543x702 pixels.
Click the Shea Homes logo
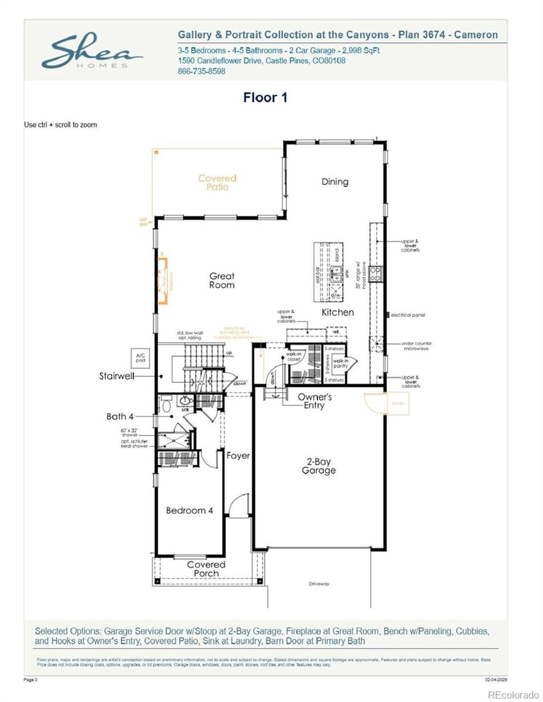click(x=92, y=52)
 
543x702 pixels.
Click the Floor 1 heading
click(x=265, y=98)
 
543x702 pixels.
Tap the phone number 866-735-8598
click(x=202, y=71)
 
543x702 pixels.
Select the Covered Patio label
click(x=217, y=182)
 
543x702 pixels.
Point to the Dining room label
click(x=335, y=182)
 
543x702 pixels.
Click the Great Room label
click(x=222, y=281)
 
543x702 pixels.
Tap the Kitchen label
click(x=337, y=313)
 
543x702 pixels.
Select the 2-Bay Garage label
click(x=318, y=466)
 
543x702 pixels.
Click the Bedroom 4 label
click(x=190, y=511)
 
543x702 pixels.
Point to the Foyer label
click(x=238, y=456)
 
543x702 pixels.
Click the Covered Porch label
click(x=206, y=569)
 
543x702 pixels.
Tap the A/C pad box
click(x=142, y=357)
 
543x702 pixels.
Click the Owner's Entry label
click(x=314, y=401)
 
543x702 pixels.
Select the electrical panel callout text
click(x=411, y=315)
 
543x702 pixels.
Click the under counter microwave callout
click(x=416, y=347)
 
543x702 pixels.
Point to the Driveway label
click(x=318, y=584)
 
